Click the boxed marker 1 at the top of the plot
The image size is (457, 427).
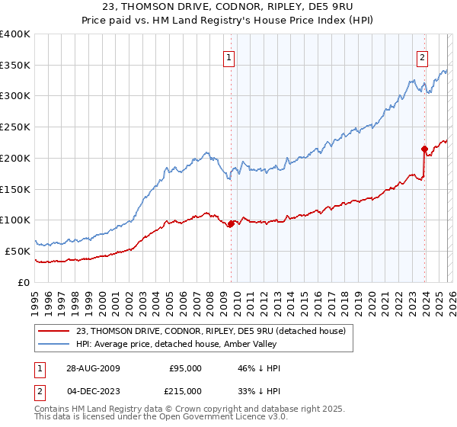(x=230, y=55)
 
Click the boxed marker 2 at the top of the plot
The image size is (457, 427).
(x=423, y=55)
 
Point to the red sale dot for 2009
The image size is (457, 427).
(x=231, y=223)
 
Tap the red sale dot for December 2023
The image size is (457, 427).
(x=423, y=149)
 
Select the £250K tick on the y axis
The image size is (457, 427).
(x=15, y=127)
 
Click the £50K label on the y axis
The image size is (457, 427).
(x=18, y=251)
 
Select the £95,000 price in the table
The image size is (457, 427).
(x=185, y=368)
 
